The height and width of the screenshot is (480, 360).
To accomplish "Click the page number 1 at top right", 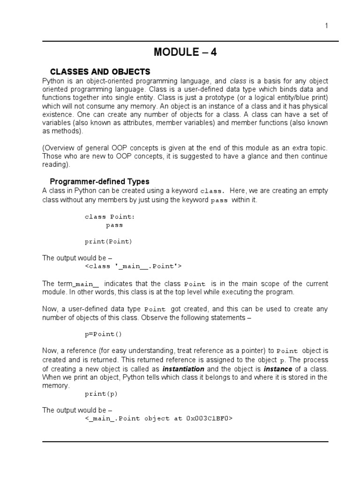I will click(326, 26).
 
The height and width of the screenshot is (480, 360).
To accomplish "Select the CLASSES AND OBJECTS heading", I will click(100, 72).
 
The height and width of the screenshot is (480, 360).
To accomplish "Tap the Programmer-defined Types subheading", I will click(99, 181).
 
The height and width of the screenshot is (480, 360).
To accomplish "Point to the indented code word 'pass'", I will click(114, 225).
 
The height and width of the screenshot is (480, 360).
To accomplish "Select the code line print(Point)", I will click(108, 242).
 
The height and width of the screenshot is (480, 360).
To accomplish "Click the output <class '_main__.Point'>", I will click(133, 267).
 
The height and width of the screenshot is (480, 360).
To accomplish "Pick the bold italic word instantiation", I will click(183, 369).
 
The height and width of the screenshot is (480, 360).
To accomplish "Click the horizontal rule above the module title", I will click(190, 41).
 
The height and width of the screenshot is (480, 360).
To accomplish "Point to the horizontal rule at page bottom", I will click(185, 441).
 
